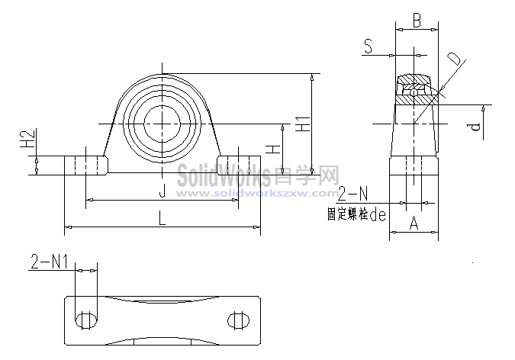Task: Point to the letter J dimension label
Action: [161, 190]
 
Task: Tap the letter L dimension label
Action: [162, 217]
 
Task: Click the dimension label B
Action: [417, 21]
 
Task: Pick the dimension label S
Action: [369, 47]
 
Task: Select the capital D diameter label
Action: [454, 59]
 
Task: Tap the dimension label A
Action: [414, 223]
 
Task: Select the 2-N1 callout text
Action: [49, 263]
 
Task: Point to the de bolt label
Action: [377, 215]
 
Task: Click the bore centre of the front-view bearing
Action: [162, 122]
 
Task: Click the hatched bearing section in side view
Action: [415, 90]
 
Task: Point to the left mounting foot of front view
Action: [84, 166]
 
